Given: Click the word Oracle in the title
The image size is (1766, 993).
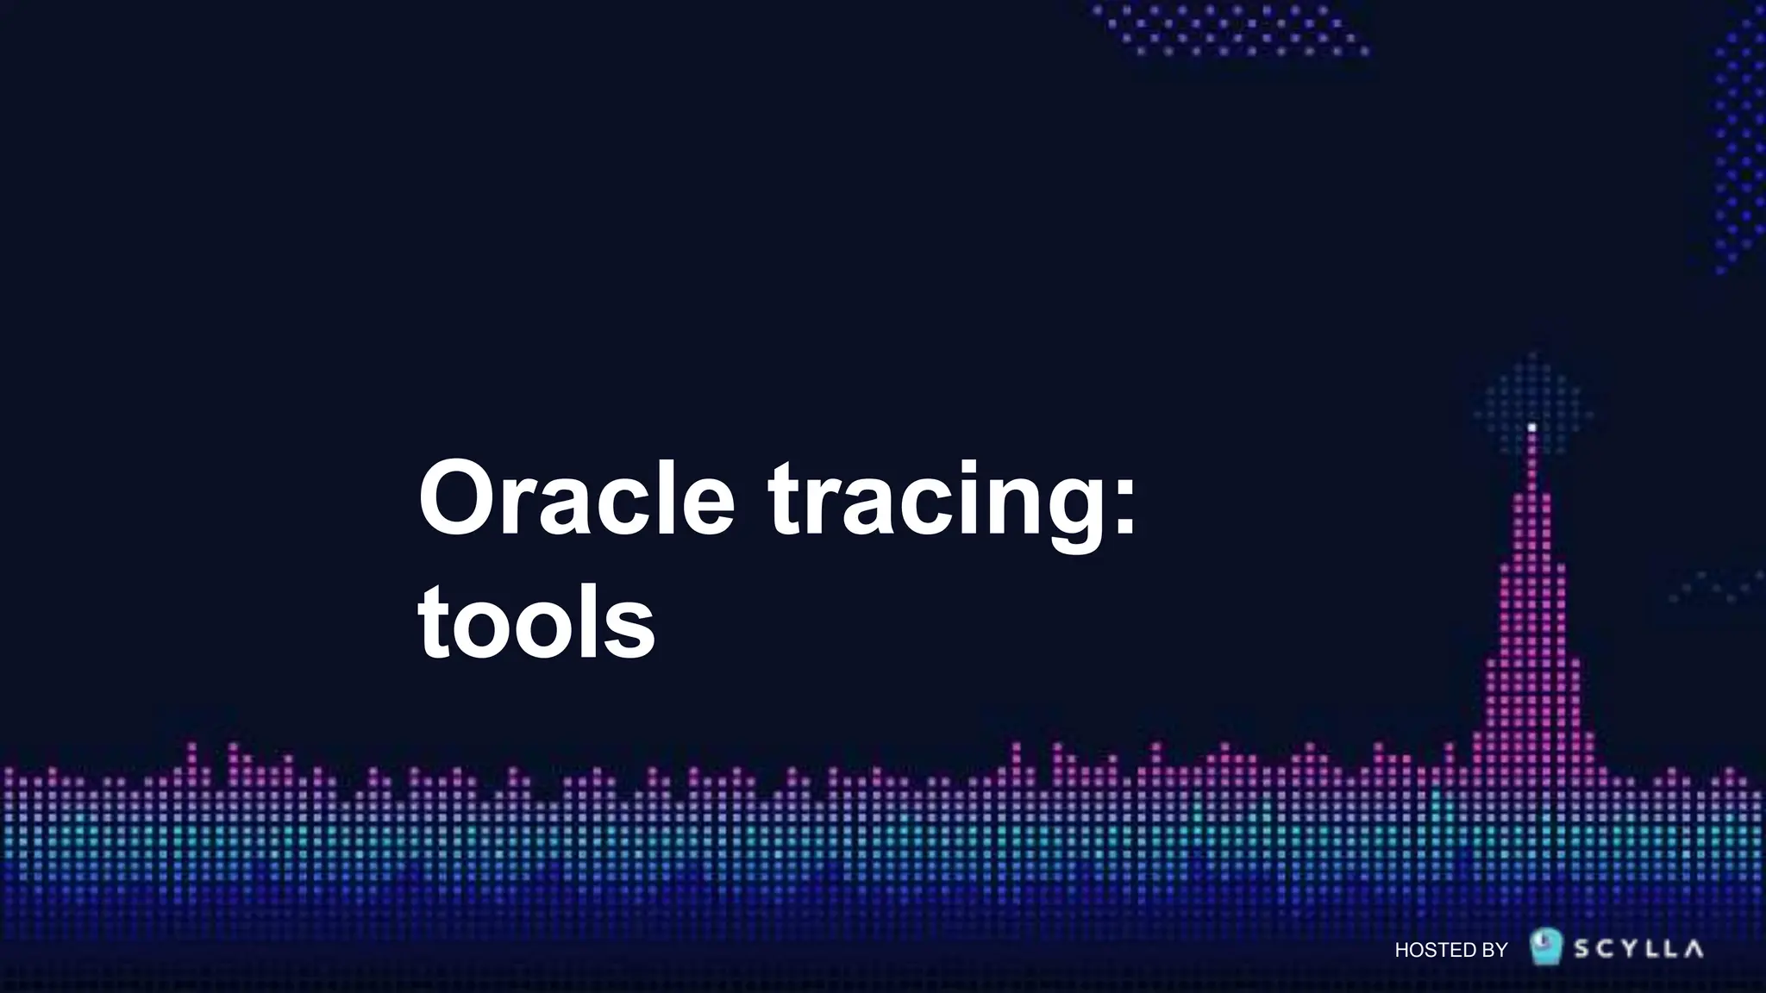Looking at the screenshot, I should coord(576,500).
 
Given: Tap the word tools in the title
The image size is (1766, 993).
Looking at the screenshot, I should coord(536,622).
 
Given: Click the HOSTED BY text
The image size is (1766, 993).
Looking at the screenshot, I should coord(1450,950).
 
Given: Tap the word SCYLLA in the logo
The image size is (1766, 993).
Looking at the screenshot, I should coord(1638,949).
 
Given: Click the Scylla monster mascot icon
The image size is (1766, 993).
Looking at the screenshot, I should coord(1546,946).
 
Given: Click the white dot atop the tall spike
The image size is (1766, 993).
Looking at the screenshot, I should coord(1531,427).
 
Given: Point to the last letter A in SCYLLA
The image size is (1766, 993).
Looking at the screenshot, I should coord(1694,949).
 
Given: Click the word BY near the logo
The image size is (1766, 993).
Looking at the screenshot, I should coord(1494,950).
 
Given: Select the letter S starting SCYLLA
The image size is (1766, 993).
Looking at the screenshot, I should coord(1583,949).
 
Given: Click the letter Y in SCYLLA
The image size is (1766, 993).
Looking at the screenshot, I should coord(1626,949).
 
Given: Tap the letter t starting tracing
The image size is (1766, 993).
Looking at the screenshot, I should coord(783,500).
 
